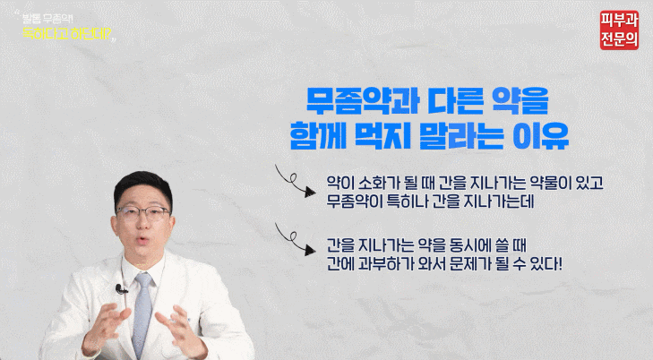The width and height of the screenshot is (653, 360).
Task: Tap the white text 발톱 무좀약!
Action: click(x=56, y=16)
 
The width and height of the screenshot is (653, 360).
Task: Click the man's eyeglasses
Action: click(x=145, y=214)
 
